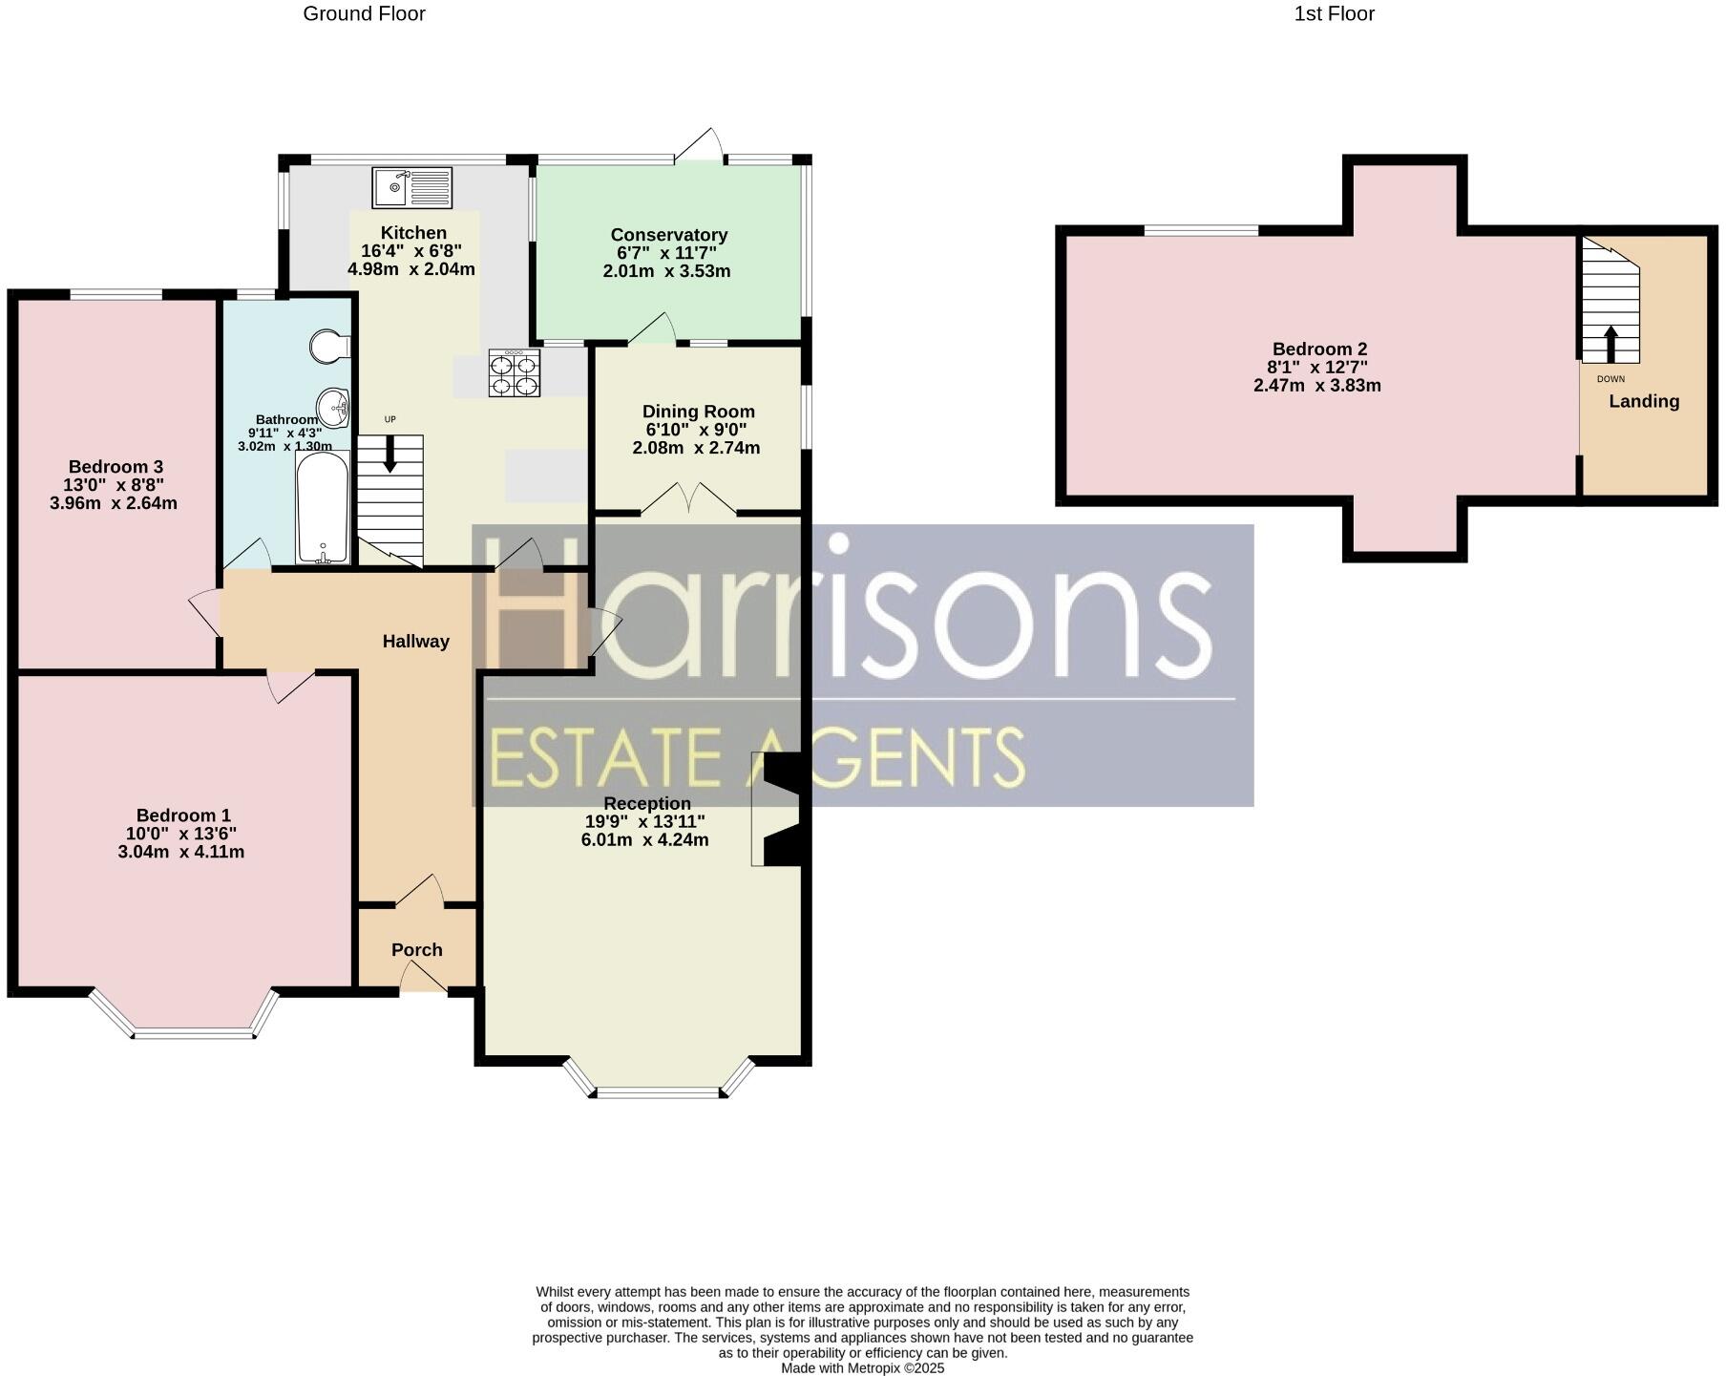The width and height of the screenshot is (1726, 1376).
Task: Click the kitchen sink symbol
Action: (412, 187)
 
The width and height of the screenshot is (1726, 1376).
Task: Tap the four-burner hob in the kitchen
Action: (515, 373)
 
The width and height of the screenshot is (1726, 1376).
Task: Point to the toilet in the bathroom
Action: (329, 347)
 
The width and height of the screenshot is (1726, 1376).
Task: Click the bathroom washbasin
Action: (334, 408)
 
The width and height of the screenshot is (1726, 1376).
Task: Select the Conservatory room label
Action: (668, 235)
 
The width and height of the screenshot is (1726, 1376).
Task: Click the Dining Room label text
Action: (698, 412)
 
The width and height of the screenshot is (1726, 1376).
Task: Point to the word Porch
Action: (417, 950)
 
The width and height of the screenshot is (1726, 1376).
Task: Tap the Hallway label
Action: (415, 642)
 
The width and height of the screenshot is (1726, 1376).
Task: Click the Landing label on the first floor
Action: (1644, 401)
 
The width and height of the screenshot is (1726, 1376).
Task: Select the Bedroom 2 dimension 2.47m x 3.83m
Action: (1316, 386)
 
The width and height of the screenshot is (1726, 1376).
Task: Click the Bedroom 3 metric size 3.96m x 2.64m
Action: (114, 503)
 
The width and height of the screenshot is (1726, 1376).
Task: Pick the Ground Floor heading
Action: (364, 14)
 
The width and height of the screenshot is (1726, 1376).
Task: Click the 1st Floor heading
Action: (1334, 14)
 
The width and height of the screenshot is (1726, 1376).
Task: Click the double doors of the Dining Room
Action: (688, 500)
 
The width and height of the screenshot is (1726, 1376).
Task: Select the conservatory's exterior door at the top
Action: (700, 145)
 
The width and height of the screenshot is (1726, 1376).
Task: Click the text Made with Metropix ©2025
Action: (862, 1367)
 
